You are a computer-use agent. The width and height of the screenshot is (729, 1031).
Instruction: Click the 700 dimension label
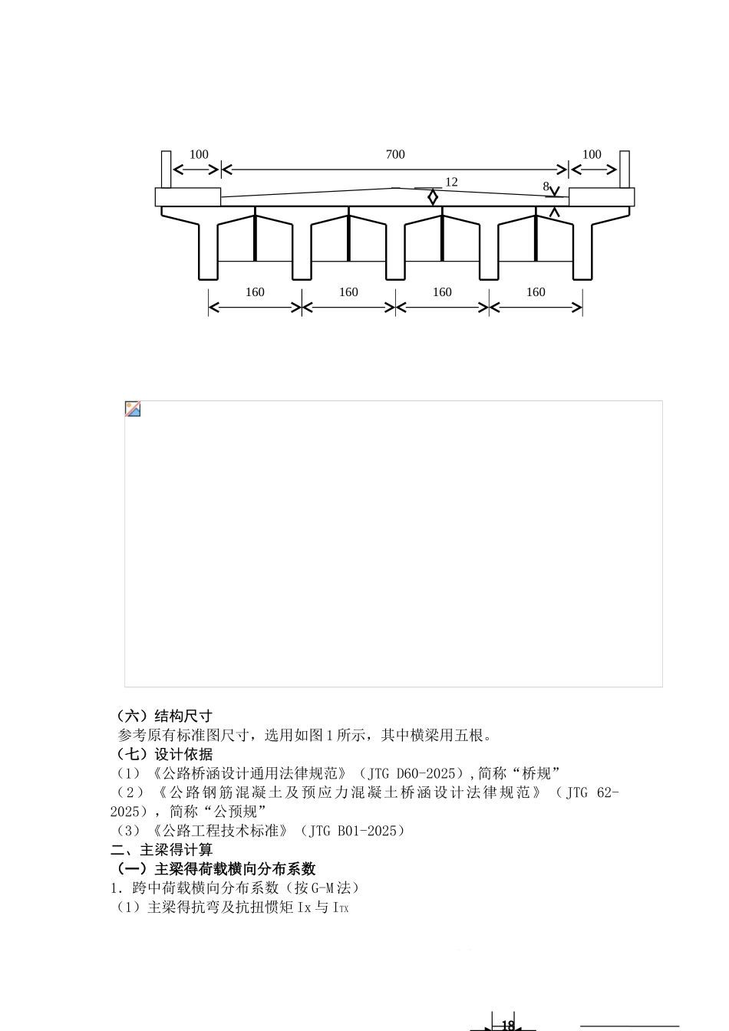point(394,155)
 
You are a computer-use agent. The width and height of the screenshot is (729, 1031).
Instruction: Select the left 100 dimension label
point(199,155)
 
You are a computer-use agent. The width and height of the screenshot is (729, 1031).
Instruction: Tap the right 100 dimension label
point(592,155)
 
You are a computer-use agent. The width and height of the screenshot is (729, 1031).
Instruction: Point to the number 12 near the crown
point(451,183)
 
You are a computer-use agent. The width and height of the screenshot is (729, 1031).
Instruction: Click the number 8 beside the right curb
point(546,186)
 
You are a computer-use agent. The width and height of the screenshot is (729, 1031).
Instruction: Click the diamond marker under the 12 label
point(433,197)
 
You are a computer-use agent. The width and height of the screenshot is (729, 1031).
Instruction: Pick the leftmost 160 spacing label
point(255,292)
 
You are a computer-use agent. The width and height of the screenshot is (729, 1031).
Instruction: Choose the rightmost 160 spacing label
point(536,292)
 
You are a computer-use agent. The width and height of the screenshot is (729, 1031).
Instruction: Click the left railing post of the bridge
point(167,169)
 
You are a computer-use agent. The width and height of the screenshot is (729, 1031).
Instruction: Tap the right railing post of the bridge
point(625,169)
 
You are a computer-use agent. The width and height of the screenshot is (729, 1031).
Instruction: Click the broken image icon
point(133,409)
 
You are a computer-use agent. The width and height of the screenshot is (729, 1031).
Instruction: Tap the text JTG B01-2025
point(353,831)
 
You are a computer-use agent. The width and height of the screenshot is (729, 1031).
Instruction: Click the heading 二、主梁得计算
point(162,850)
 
